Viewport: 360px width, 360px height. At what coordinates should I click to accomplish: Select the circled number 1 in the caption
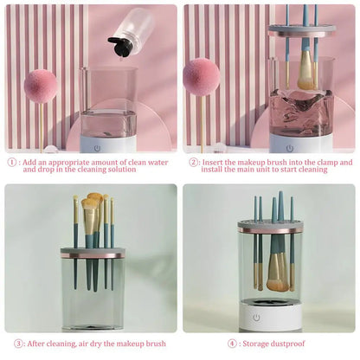pyautogui.click(x=11, y=162)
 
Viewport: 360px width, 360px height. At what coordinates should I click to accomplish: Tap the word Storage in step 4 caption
pyautogui.click(x=260, y=343)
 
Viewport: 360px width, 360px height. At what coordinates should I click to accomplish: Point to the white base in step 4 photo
pyautogui.click(x=270, y=318)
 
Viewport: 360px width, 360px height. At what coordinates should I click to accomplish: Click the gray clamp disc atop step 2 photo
pyautogui.click(x=302, y=29)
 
